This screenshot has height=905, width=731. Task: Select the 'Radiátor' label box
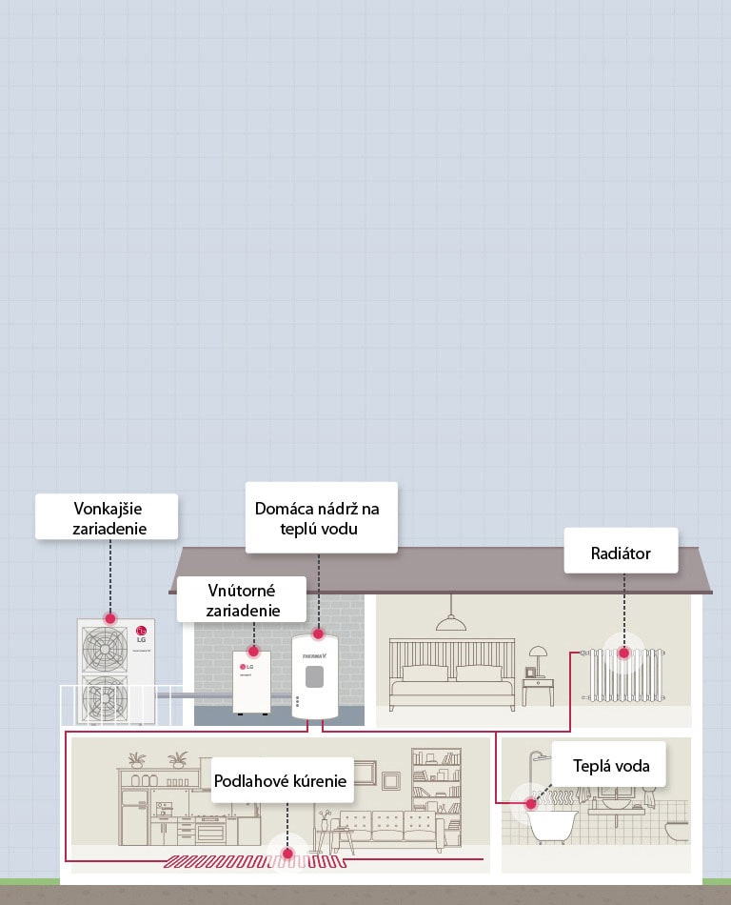tap(621, 553)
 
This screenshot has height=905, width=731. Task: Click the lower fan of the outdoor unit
tap(104, 698)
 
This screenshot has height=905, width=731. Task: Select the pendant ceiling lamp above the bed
tap(449, 624)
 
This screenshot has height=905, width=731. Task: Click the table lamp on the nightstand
tap(538, 657)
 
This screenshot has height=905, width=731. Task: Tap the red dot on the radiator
tap(624, 654)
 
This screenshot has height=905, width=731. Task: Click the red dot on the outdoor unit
tap(110, 616)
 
